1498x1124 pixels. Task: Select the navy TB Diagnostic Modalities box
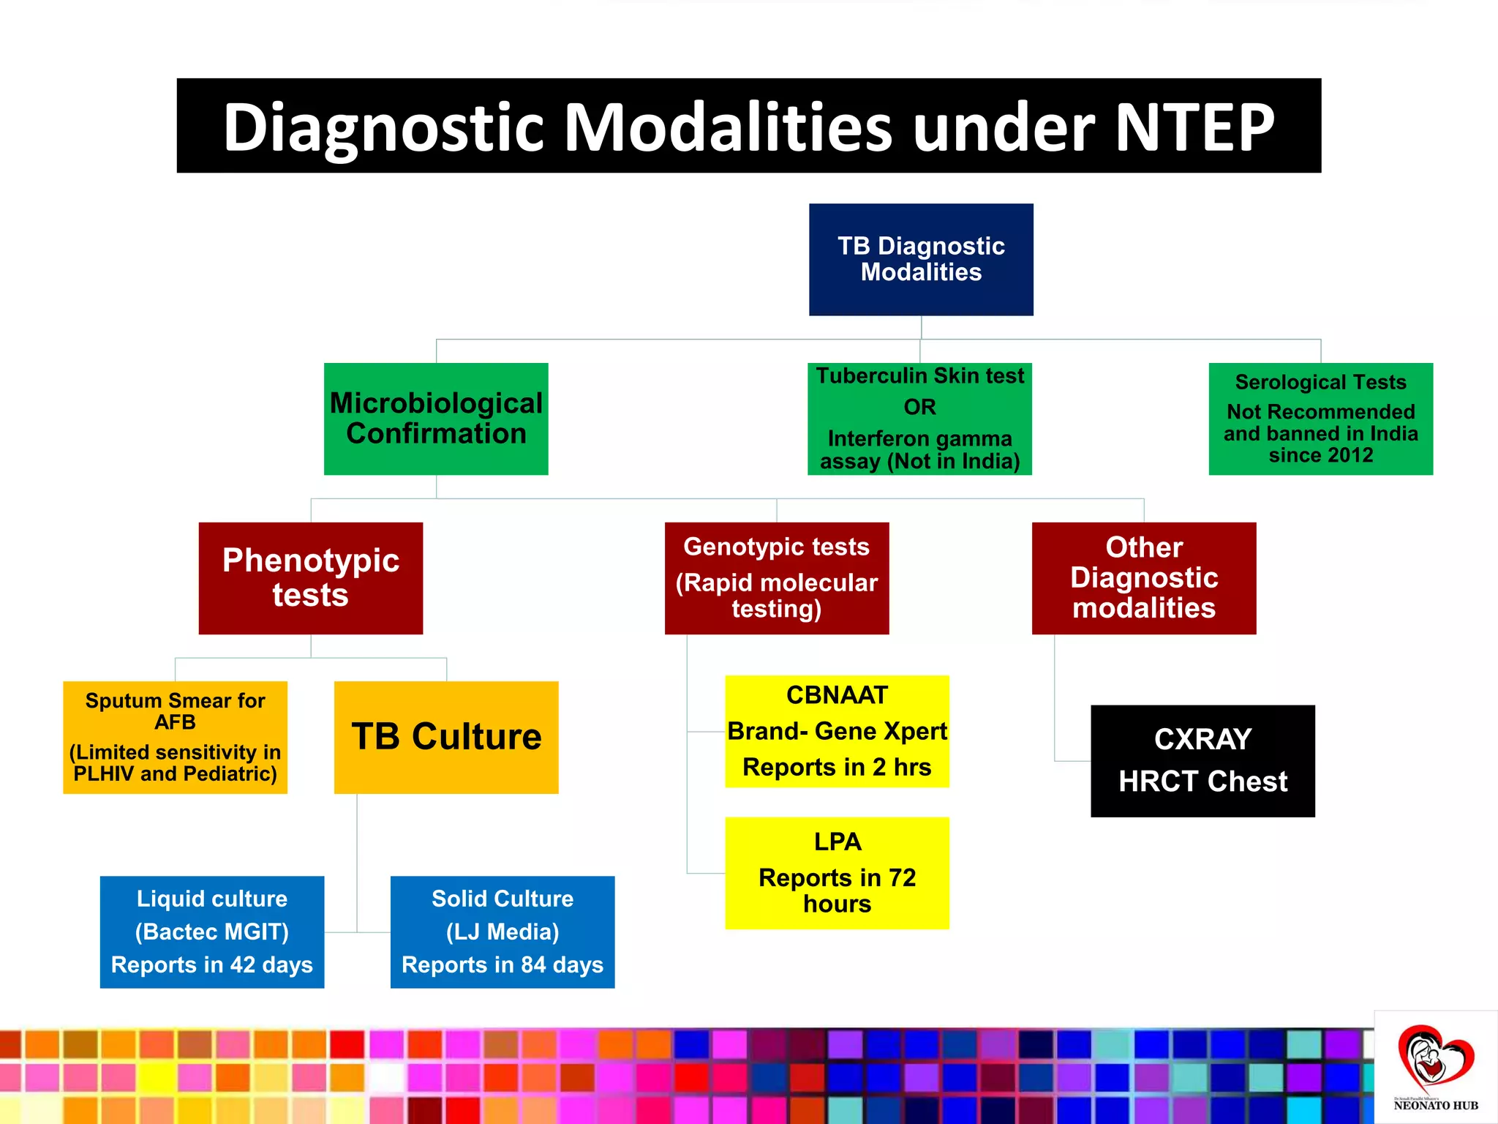[921, 259]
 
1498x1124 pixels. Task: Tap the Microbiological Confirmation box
[436, 419]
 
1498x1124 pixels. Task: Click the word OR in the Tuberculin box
[919, 407]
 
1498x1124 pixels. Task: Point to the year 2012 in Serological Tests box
[1350, 455]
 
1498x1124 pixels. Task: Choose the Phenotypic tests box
[310, 577]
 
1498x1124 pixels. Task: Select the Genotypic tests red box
[776, 577]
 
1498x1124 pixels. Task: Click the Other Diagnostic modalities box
[1143, 577]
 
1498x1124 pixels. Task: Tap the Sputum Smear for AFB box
[175, 737]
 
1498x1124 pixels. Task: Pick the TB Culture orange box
[446, 737]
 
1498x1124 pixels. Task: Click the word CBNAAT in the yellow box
[837, 694]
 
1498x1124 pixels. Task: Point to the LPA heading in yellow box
[837, 842]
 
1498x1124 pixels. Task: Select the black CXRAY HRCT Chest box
[1202, 760]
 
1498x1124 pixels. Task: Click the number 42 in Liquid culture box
[243, 964]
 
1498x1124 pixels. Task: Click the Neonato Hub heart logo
[1434, 1058]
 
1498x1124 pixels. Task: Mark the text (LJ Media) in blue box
[503, 932]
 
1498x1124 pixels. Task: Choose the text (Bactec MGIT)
[211, 932]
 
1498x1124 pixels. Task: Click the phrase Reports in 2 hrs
[837, 767]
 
